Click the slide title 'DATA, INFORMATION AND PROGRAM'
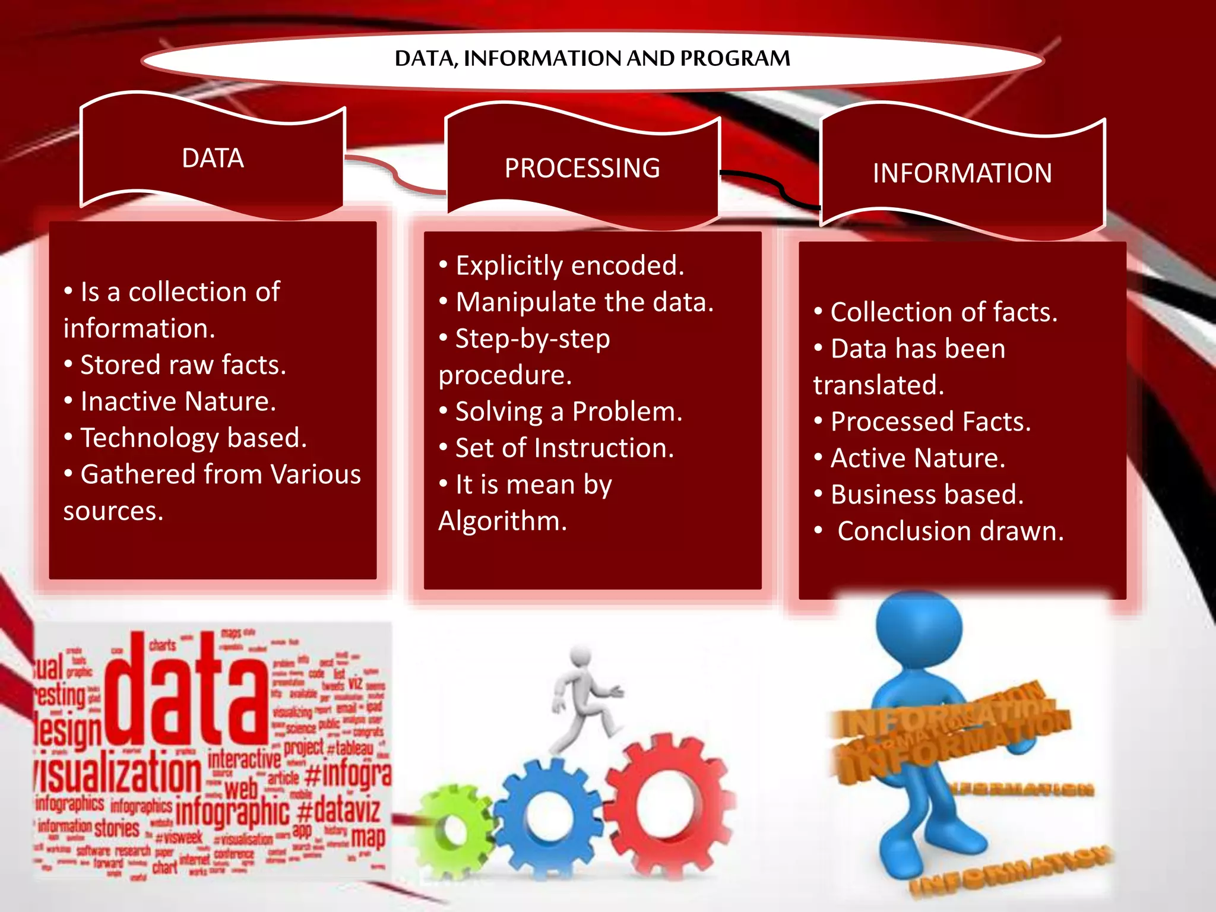point(592,58)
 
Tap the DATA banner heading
point(213,159)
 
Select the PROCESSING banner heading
point(582,168)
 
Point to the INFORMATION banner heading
point(962,173)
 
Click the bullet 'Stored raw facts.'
point(183,365)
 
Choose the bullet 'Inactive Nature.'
point(178,401)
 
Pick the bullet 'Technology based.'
point(194,438)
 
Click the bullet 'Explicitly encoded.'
point(569,265)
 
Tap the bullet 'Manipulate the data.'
point(584,302)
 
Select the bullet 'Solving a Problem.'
point(569,411)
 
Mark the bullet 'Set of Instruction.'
point(565,448)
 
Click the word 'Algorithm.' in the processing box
point(502,521)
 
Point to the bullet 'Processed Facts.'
point(930,422)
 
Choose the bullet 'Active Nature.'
point(918,458)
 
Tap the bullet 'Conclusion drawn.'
point(950,531)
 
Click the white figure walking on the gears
point(585,695)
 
